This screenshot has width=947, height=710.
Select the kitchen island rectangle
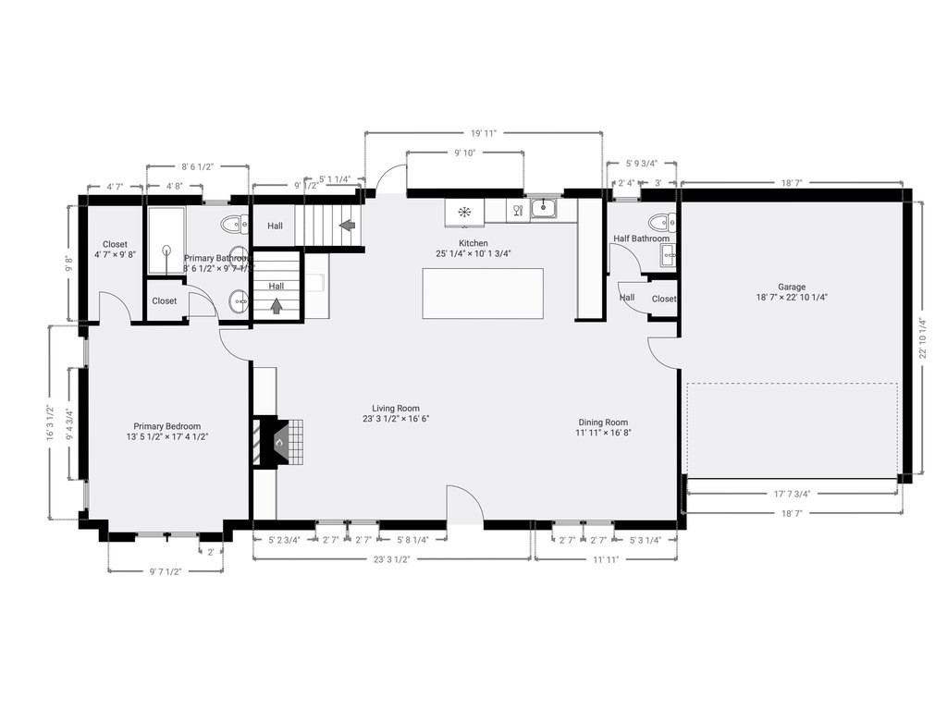tap(483, 293)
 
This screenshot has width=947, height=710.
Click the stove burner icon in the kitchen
tap(464, 213)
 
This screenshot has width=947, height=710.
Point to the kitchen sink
tap(543, 208)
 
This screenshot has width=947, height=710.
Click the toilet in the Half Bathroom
tap(662, 222)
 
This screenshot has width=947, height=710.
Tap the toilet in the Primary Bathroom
tap(237, 223)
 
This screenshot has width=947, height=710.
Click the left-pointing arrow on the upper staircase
tap(349, 225)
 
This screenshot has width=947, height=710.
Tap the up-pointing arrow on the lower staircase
tap(277, 306)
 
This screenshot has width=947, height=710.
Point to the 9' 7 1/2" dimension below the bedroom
tap(166, 571)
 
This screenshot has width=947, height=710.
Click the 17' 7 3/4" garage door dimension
tap(793, 493)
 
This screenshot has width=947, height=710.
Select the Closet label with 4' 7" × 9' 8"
tap(115, 249)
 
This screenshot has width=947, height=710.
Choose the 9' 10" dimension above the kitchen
tap(464, 153)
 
